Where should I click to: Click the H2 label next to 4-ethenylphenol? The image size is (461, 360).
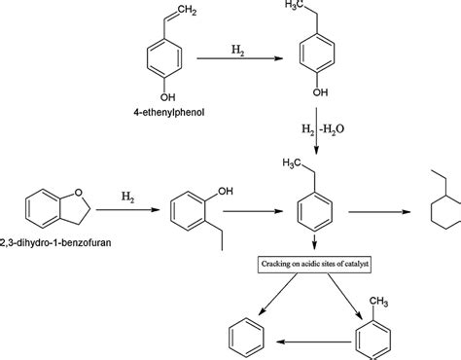(236, 48)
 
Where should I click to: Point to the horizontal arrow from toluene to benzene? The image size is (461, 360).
(312, 342)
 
